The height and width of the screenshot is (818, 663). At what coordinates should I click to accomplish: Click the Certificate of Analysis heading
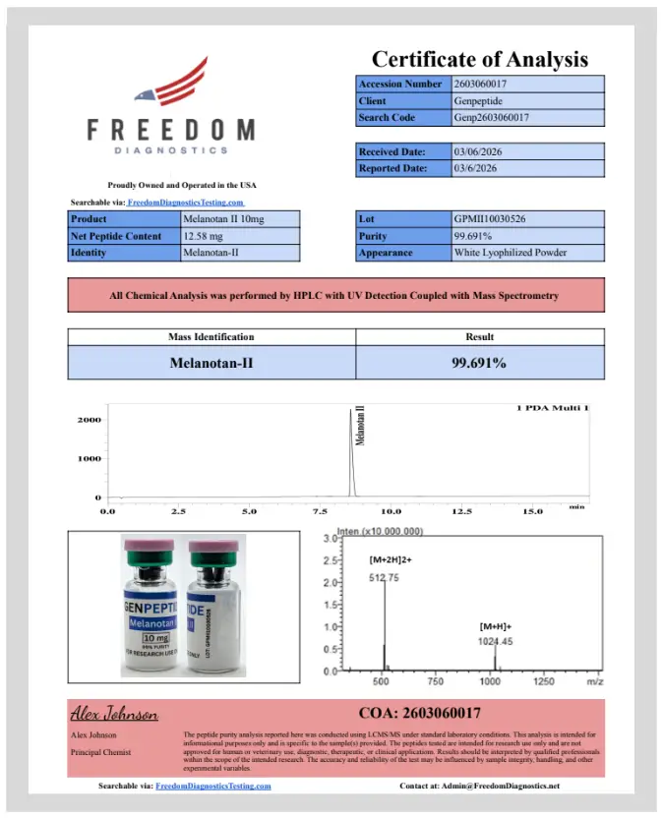click(x=479, y=59)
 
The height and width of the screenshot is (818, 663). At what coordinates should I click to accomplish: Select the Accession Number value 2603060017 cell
click(x=527, y=85)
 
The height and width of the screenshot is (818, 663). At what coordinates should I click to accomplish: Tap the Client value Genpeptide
click(x=527, y=101)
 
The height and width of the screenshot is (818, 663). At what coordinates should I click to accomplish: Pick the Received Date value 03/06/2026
click(x=527, y=152)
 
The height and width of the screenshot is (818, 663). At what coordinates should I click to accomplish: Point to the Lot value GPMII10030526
click(x=527, y=219)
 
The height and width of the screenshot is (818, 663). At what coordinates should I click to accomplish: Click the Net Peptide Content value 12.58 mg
click(x=240, y=236)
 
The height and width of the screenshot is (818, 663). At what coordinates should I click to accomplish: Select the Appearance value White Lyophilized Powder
click(x=527, y=253)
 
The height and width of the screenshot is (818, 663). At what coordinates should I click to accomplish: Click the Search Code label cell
click(x=403, y=118)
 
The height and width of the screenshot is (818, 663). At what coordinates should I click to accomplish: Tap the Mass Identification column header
click(x=211, y=337)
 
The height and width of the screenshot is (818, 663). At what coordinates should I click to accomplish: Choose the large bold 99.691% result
click(x=479, y=363)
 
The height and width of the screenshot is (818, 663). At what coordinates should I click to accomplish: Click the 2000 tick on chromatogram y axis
click(x=89, y=420)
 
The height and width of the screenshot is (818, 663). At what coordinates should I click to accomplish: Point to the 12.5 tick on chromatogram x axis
click(x=461, y=511)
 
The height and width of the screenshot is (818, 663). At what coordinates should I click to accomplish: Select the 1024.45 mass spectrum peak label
click(x=496, y=642)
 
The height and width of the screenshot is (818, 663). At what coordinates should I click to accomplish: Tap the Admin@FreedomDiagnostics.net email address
click(x=505, y=787)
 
